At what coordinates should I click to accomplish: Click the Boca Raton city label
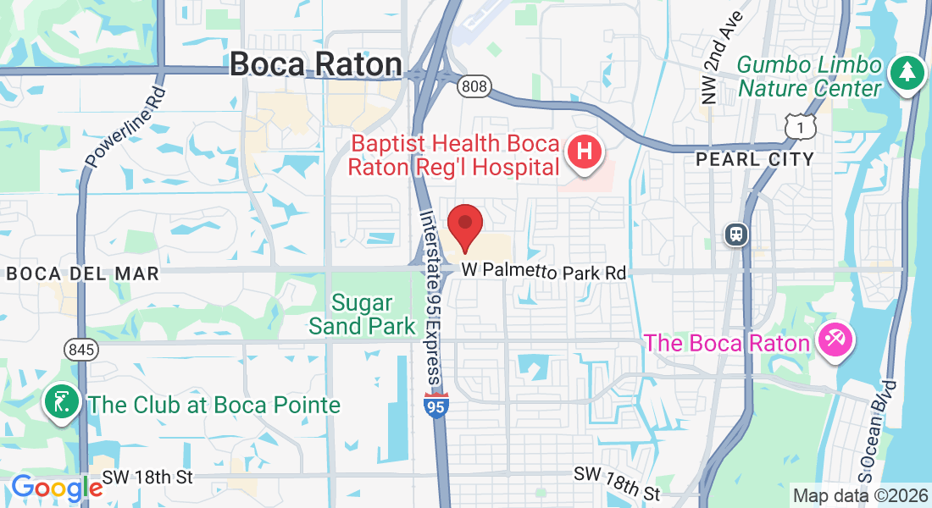click(316, 64)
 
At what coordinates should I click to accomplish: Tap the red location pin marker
click(464, 227)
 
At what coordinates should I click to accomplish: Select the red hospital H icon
click(584, 152)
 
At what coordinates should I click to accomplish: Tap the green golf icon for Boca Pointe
click(62, 403)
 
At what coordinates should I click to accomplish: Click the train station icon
click(736, 235)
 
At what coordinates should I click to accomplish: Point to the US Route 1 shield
click(800, 127)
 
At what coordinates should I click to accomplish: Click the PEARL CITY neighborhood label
click(754, 159)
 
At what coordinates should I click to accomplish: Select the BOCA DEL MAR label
click(82, 273)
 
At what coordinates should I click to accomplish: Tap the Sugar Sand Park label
click(362, 314)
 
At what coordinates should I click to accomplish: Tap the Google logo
click(56, 489)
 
